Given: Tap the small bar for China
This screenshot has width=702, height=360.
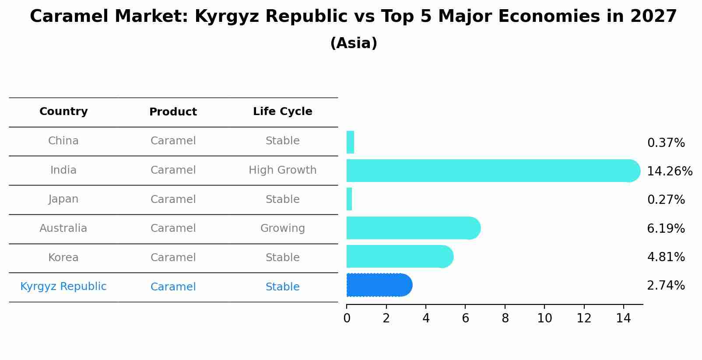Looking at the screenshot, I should click(x=350, y=142).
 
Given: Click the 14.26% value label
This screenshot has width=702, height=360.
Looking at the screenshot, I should click(x=670, y=171).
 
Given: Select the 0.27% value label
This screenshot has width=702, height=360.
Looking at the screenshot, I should click(x=666, y=200).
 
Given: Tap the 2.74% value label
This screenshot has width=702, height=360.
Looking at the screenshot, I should click(x=666, y=286).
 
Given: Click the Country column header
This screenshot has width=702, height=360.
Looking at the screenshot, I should click(x=63, y=112).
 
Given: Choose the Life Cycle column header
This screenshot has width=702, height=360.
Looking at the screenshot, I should click(x=282, y=112).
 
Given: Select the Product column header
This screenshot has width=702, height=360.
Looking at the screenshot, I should click(x=173, y=112).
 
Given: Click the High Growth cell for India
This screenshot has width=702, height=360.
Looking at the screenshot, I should click(x=282, y=170).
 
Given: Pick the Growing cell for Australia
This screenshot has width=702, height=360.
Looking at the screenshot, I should click(x=282, y=228).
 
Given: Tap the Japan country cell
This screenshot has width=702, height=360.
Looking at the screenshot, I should click(x=63, y=199).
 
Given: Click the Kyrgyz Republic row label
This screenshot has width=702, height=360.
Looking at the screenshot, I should click(x=63, y=287).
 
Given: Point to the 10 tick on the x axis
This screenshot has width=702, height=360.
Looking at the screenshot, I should click(x=544, y=318).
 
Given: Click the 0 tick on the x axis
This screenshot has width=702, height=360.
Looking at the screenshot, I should click(x=347, y=318).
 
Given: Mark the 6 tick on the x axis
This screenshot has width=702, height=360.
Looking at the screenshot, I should click(x=465, y=318).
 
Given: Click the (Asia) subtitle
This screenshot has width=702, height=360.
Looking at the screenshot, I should click(x=354, y=43).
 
